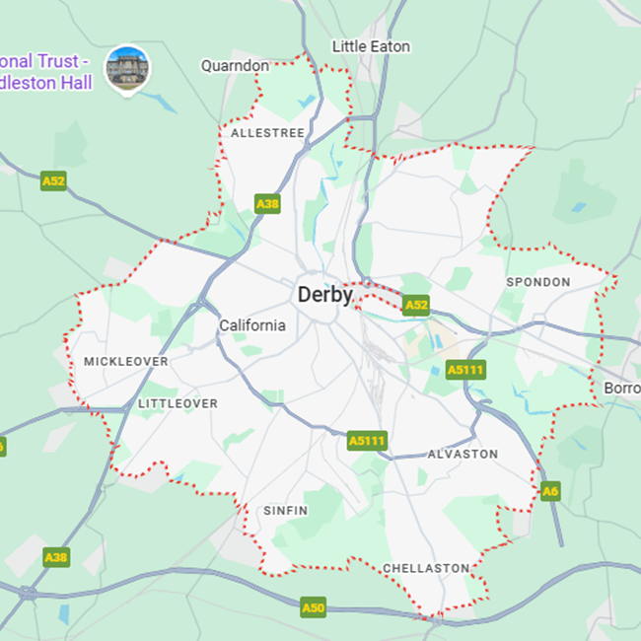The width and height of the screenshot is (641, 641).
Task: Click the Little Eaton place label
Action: pos(371,46)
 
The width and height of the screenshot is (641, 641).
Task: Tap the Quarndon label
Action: pos(235,66)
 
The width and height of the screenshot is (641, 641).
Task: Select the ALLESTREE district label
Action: pos(267,132)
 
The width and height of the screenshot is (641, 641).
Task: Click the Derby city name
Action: pos(324,294)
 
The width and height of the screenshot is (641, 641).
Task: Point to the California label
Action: pos(252,325)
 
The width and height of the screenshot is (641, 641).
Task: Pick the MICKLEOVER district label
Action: pos(126,362)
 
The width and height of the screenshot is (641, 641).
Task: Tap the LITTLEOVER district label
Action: pos(178,403)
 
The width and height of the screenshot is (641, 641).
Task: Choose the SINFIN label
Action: pos(286,511)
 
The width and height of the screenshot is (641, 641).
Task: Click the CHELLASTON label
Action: pos(426,568)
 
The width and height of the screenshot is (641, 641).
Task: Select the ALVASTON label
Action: pos(463,455)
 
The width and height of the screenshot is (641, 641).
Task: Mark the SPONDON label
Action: pos(537,282)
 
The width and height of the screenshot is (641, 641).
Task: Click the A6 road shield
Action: pos(550,490)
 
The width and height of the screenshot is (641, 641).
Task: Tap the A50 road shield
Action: pos(313,607)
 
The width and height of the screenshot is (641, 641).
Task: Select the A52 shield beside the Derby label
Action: pos(416,306)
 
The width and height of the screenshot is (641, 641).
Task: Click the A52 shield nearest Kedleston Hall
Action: pos(53,181)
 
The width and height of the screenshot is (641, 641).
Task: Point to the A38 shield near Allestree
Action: pos(267,204)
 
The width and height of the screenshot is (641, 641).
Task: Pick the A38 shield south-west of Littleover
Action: pos(56,557)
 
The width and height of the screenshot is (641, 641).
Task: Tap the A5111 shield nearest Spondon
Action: pos(465,370)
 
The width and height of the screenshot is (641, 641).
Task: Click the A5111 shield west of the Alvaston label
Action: pos(368,441)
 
